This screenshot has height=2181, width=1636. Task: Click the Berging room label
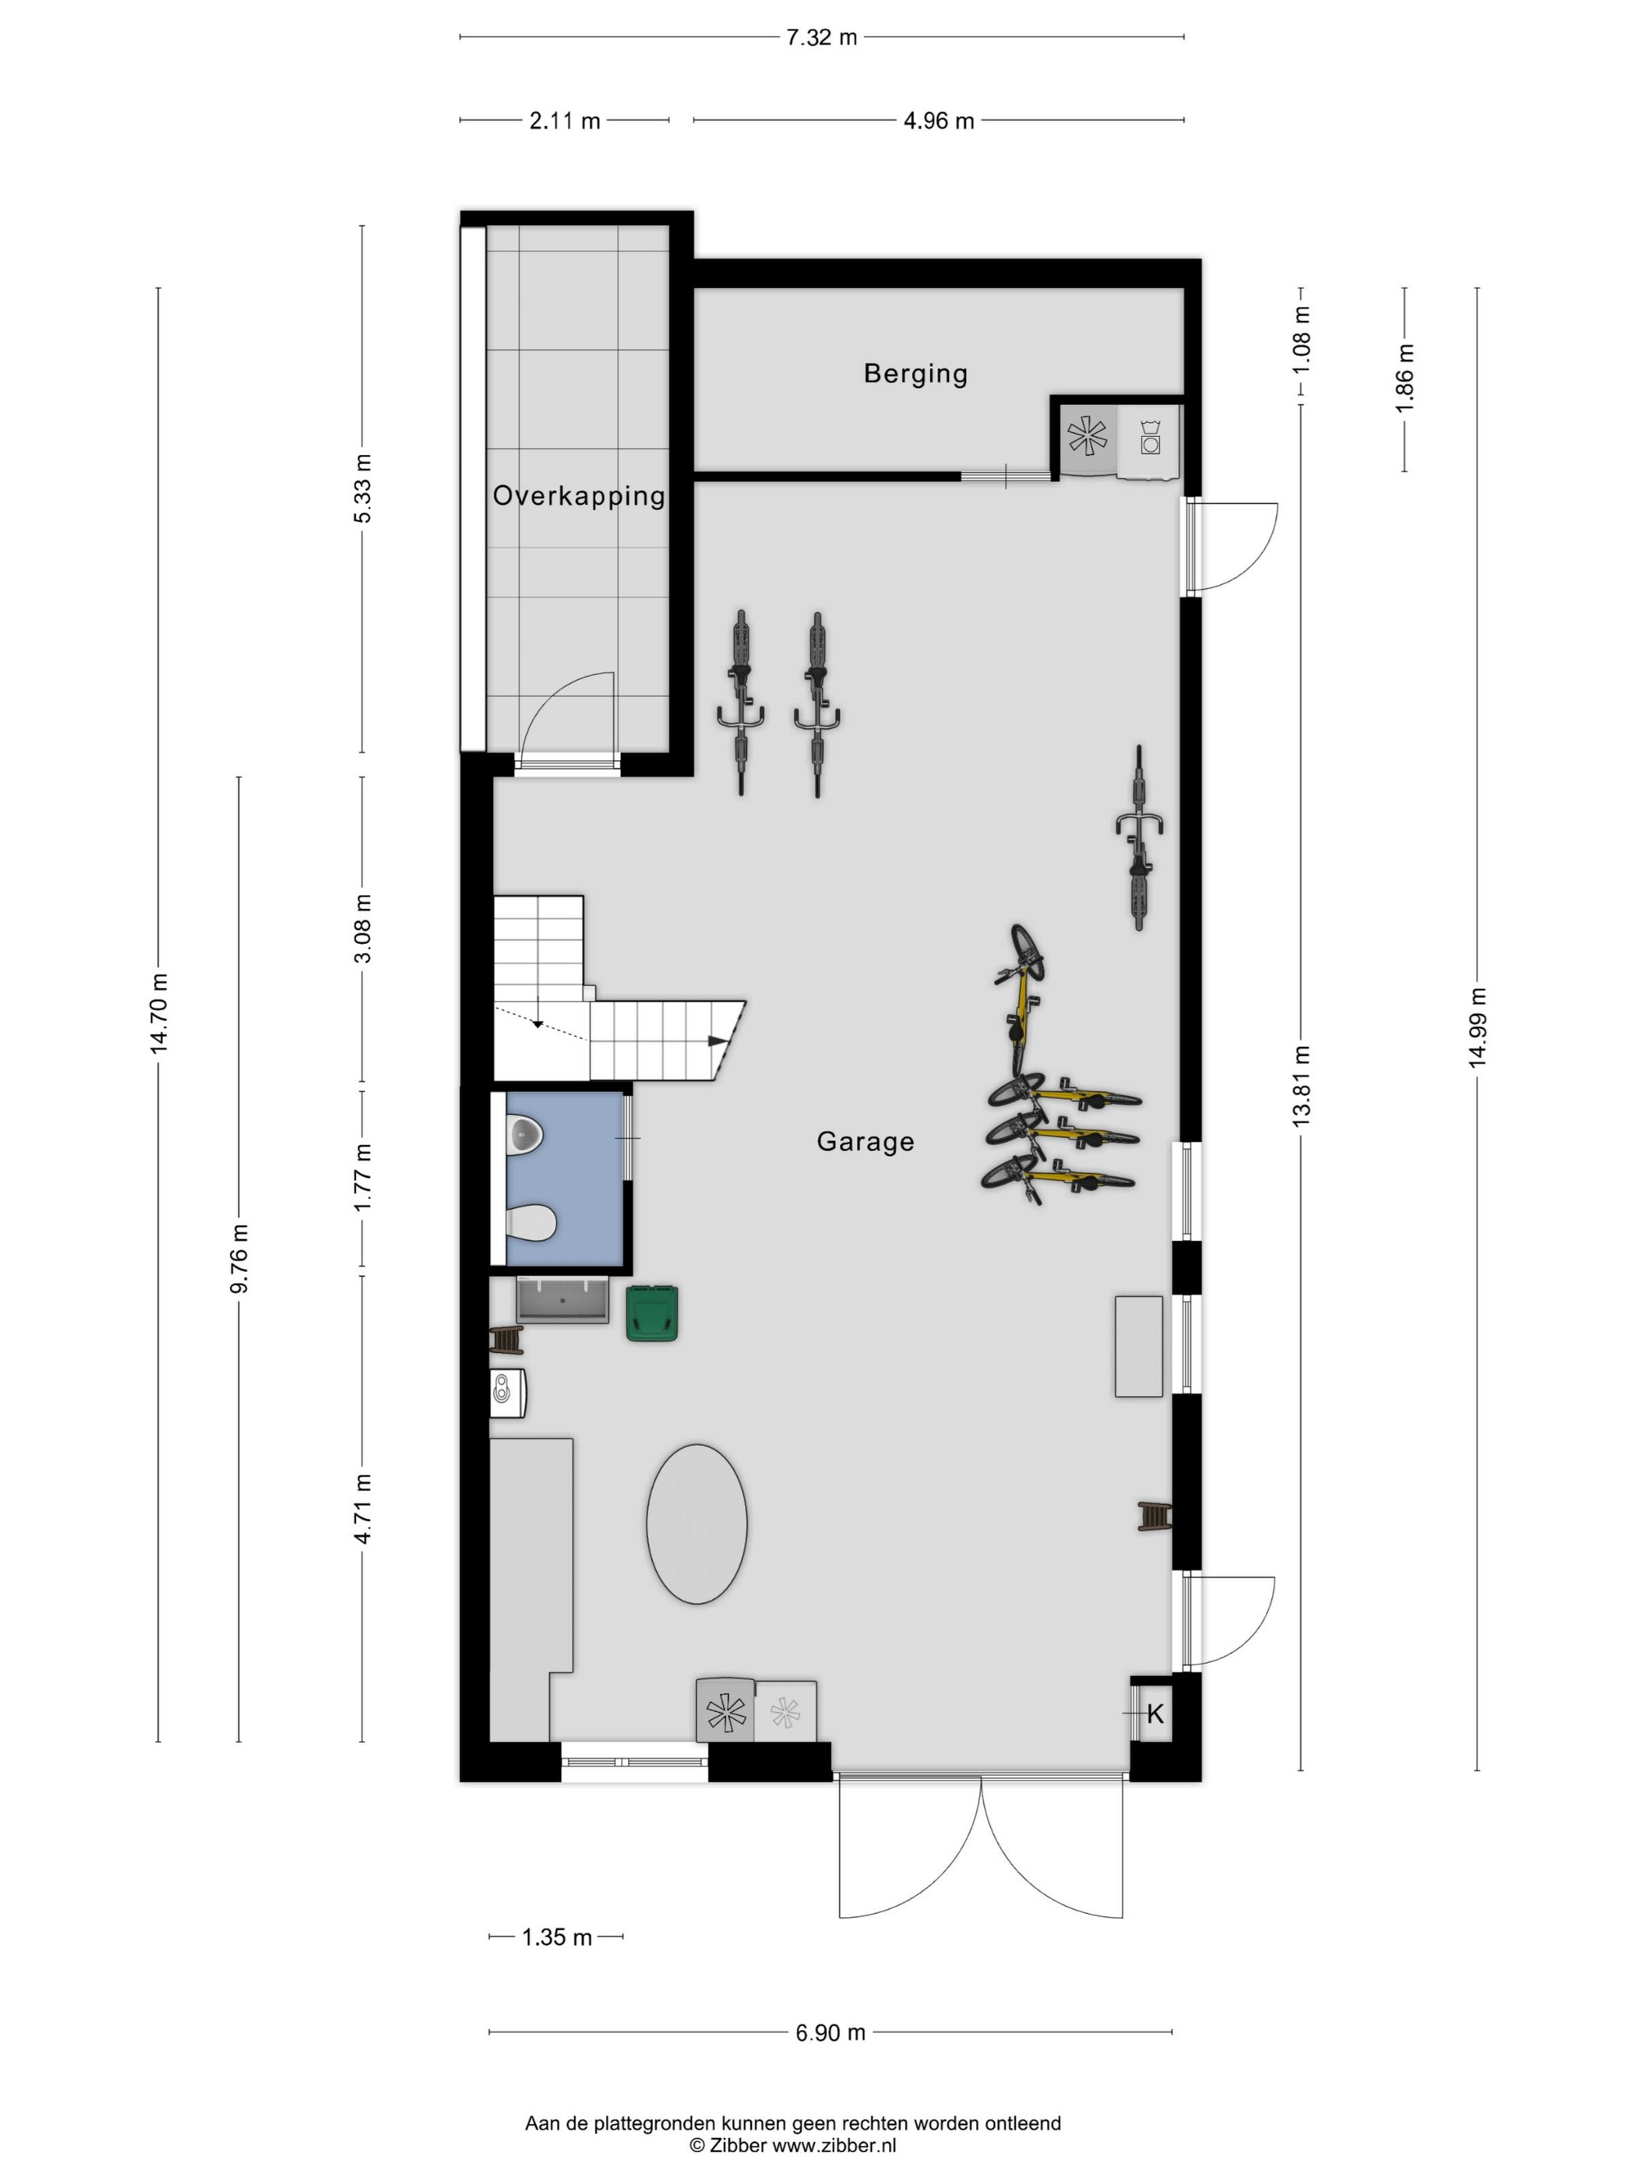click(915, 374)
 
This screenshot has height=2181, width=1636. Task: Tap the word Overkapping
click(579, 496)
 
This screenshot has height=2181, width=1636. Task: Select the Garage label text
click(865, 1142)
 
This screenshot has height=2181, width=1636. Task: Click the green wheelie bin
click(652, 1312)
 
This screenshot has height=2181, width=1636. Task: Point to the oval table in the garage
click(696, 1524)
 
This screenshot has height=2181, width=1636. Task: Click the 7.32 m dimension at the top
click(821, 37)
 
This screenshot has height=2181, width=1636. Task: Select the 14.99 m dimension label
click(1476, 1027)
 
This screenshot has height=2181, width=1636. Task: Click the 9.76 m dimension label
click(238, 1257)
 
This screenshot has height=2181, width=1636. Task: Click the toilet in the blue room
click(531, 1223)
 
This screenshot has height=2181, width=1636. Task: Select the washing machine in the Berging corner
click(1149, 439)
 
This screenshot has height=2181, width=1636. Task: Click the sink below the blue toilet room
click(562, 1299)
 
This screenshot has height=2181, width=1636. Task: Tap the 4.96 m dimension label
click(939, 120)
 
